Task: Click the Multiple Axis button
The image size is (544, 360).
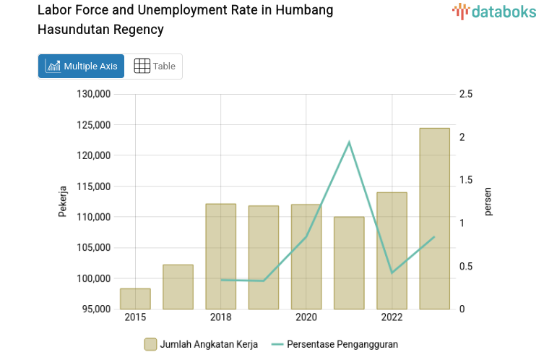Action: (x=81, y=67)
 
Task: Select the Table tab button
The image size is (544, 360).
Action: (x=155, y=67)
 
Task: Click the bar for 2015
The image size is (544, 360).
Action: (x=135, y=299)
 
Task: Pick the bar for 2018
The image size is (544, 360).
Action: (x=220, y=256)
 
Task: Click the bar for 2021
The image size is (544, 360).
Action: (x=349, y=262)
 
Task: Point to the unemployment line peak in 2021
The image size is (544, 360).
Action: (x=349, y=142)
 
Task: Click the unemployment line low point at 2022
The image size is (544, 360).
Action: (x=392, y=273)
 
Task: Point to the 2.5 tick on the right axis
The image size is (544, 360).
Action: (x=466, y=94)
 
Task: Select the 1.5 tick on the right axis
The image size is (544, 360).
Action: (x=466, y=180)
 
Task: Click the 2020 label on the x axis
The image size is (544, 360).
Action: (x=306, y=318)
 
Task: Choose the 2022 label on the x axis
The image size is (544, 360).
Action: (x=392, y=318)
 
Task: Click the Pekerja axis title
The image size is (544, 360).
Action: (x=63, y=202)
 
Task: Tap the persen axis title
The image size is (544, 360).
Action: (x=488, y=202)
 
